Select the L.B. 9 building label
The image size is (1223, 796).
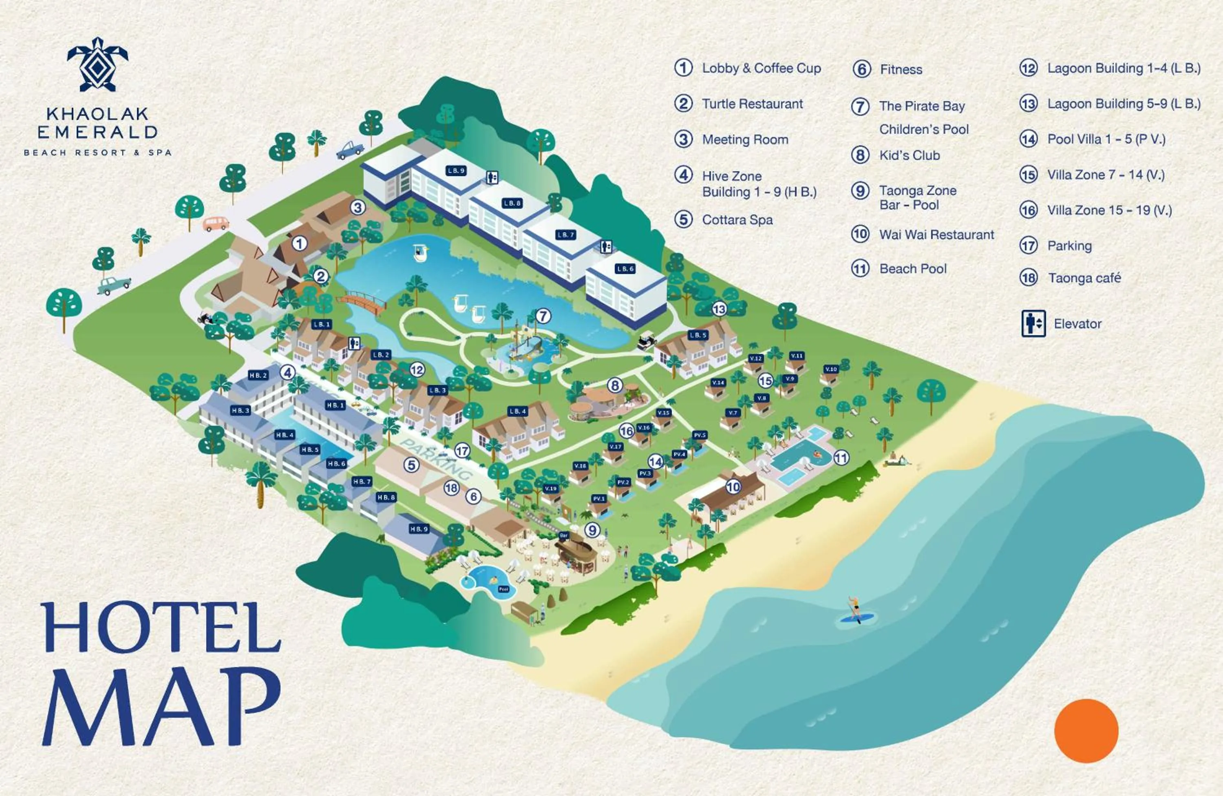tap(456, 170)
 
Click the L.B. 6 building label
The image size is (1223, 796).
tap(625, 269)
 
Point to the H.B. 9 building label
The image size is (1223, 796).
tap(419, 529)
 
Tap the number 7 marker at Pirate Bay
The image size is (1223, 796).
tap(543, 316)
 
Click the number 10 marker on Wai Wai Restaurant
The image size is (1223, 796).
tap(733, 486)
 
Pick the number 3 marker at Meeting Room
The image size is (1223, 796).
tap(358, 208)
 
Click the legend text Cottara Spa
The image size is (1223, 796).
tap(737, 220)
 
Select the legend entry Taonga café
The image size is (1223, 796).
tap(1084, 278)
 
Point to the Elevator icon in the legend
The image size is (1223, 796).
tap(1033, 324)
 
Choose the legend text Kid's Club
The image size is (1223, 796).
tap(909, 155)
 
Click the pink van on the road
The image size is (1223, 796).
tap(216, 223)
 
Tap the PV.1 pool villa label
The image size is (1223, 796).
tap(598, 498)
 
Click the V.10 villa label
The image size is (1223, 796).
tap(831, 369)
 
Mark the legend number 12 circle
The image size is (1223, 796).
tap(1028, 69)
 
